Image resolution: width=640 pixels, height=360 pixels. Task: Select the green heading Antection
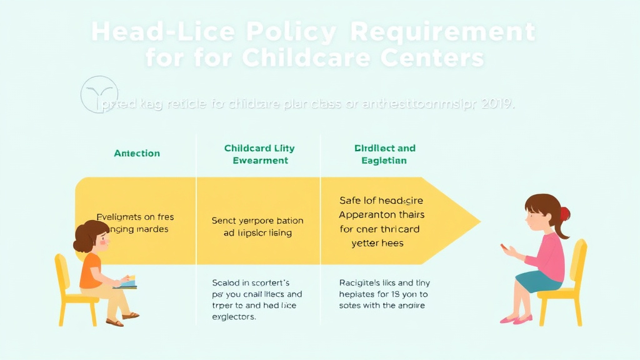[137, 153]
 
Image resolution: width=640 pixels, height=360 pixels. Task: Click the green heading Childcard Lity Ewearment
[259, 154]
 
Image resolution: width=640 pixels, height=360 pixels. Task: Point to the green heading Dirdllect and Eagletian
[384, 154]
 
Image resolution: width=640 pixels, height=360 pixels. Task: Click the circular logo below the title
[99, 94]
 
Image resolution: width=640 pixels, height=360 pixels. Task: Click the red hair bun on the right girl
[564, 214]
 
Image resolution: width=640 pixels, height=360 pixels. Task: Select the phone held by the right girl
[503, 247]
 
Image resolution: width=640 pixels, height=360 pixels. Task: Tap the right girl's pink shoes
[516, 319]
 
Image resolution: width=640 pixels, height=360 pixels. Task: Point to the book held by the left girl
[127, 282]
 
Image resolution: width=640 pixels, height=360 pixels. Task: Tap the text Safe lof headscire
[381, 201]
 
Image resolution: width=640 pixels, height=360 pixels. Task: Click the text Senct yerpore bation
[257, 221]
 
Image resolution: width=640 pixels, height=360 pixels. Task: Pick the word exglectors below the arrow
[234, 317]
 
